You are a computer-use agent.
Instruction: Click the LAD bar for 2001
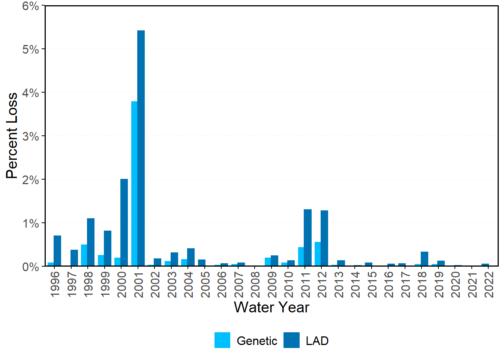pos(141,148)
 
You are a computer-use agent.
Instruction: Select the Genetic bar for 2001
pos(134,183)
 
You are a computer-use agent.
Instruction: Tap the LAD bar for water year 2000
pos(124,222)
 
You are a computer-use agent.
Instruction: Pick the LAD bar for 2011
pos(307,237)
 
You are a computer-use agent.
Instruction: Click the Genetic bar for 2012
pos(318,254)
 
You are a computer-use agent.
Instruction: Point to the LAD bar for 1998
pos(91,242)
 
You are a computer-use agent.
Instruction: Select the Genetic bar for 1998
pos(84,255)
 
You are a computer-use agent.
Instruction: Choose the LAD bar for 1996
pos(57,250)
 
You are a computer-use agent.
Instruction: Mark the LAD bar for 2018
pos(424,259)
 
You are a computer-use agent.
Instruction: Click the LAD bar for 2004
pos(191,257)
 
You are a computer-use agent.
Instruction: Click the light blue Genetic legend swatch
pos(222,340)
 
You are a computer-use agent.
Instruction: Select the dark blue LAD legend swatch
pos(291,340)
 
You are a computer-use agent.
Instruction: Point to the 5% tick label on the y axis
pos(30,49)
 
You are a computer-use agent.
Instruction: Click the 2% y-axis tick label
pos(30,180)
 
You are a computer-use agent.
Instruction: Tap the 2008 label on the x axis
pos(255,284)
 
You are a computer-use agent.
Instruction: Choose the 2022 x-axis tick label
pos(489,284)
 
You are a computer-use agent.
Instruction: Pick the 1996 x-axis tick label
pos(55,284)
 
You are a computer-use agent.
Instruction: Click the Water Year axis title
pos(271,307)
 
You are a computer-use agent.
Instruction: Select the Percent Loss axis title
pos(12,136)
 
